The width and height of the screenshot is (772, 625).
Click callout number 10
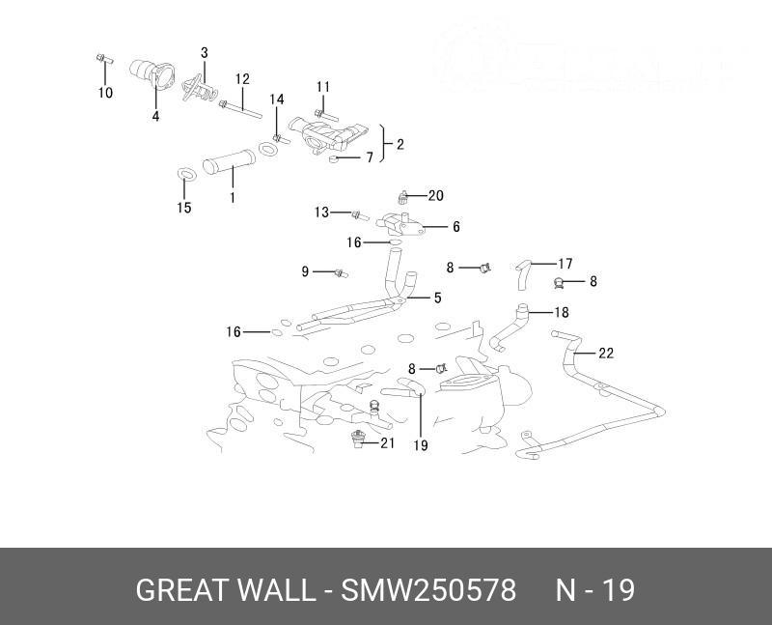coord(105,94)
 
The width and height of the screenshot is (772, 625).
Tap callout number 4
coord(155,117)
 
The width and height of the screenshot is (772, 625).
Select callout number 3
coord(205,52)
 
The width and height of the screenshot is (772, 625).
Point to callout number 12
coord(242,78)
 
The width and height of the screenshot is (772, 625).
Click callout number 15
coord(184,208)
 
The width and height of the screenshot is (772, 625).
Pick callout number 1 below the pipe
coord(232,198)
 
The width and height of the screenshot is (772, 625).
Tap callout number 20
coord(435,196)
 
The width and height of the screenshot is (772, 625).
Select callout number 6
coord(455,227)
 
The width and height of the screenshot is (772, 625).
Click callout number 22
coord(605,354)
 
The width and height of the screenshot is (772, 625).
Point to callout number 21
coord(387,443)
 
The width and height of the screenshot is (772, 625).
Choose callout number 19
coord(421,445)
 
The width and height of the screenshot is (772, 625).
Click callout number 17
coord(565,263)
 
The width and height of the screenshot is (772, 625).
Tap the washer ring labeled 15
coord(188,175)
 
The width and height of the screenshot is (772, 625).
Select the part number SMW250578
coord(428,590)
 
